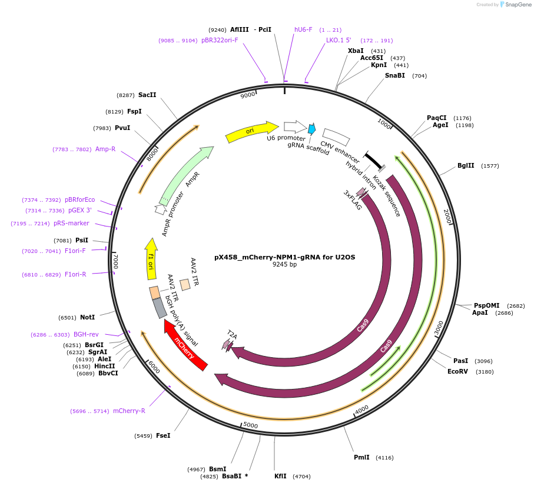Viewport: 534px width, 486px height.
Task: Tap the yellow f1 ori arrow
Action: point(151,259)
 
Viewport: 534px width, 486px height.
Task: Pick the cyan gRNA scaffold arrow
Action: point(311,129)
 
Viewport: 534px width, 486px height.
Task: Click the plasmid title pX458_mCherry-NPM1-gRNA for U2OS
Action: point(284,257)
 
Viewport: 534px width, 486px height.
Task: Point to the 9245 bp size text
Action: point(284,265)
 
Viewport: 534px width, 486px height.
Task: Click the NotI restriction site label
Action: point(87,317)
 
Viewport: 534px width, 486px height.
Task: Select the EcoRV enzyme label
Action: point(457,371)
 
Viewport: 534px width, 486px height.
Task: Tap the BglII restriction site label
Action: point(466,165)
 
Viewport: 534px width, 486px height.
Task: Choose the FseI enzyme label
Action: point(163,435)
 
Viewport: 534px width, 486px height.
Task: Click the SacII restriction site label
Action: point(147,95)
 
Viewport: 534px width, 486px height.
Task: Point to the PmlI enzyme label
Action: point(361,457)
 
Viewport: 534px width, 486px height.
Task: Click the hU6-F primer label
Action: point(303,29)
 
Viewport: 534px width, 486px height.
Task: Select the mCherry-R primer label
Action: point(129,411)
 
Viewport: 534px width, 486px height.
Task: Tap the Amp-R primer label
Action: point(105,149)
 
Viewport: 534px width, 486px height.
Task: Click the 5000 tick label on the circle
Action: point(250,425)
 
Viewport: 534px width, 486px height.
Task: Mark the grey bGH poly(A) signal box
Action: point(159,307)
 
